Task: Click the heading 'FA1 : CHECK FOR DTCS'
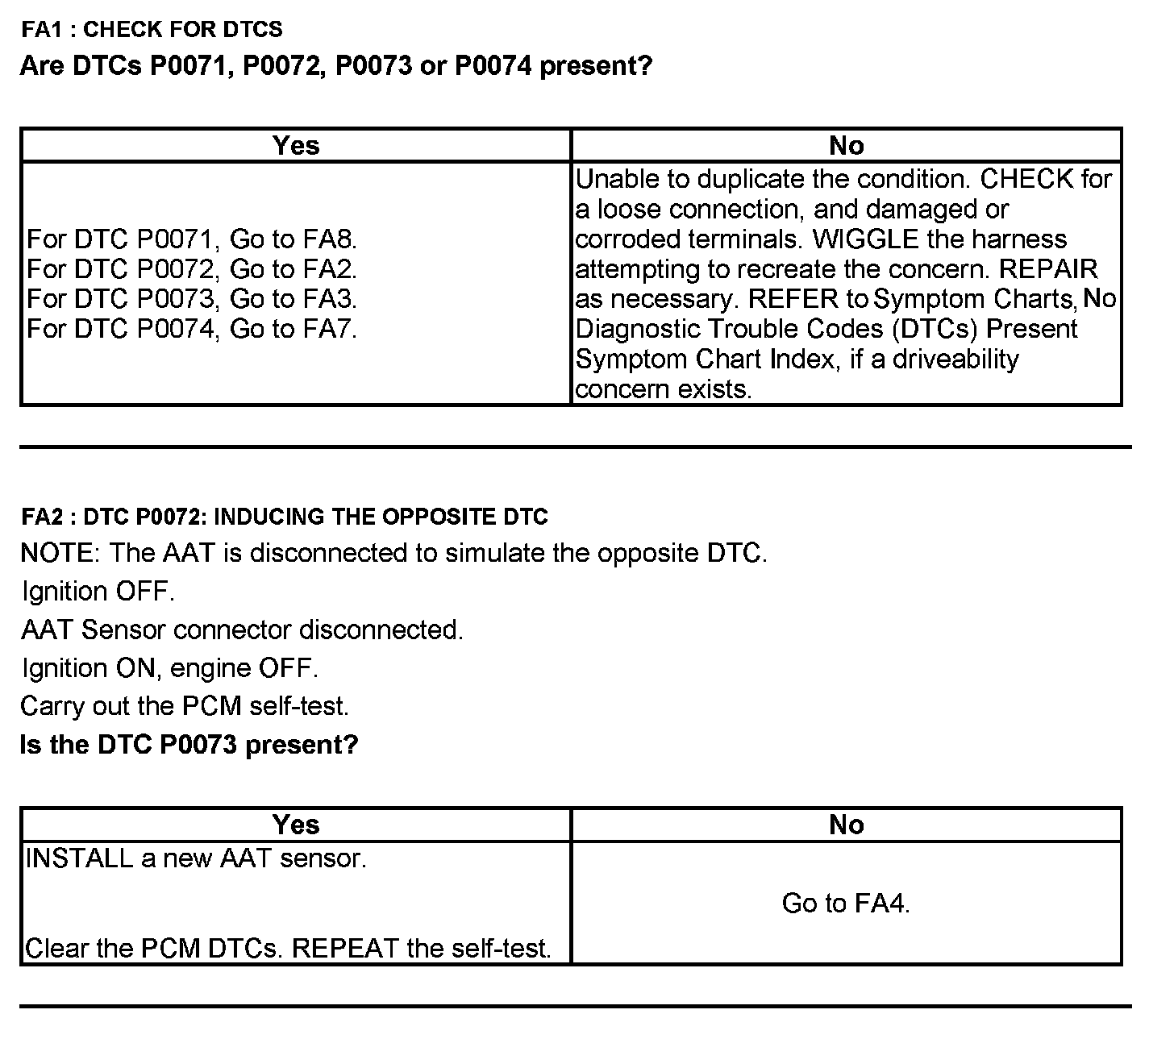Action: [152, 30]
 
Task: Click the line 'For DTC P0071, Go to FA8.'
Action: [192, 239]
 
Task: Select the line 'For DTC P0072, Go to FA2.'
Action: [192, 269]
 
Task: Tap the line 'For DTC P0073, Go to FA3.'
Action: [192, 299]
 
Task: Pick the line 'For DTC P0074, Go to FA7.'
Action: [192, 329]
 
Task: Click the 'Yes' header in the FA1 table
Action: [296, 145]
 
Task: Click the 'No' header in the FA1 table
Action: [846, 145]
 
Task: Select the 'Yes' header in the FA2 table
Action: [296, 825]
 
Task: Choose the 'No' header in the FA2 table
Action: [846, 825]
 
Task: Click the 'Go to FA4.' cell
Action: [846, 904]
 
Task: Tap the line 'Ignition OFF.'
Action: [98, 592]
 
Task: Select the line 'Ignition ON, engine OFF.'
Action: [169, 668]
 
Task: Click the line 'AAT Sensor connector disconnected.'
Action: [242, 630]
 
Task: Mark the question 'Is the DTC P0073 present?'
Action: [189, 744]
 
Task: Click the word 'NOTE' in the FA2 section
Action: [57, 554]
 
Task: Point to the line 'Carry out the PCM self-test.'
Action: [185, 706]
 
